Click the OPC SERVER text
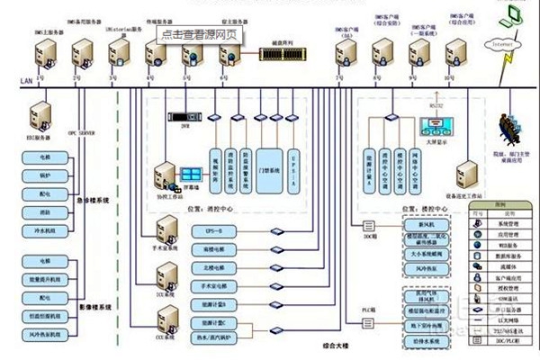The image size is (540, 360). [x=85, y=132]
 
